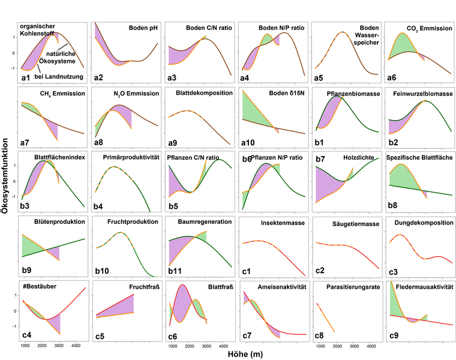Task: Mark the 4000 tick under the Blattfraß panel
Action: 223,347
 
